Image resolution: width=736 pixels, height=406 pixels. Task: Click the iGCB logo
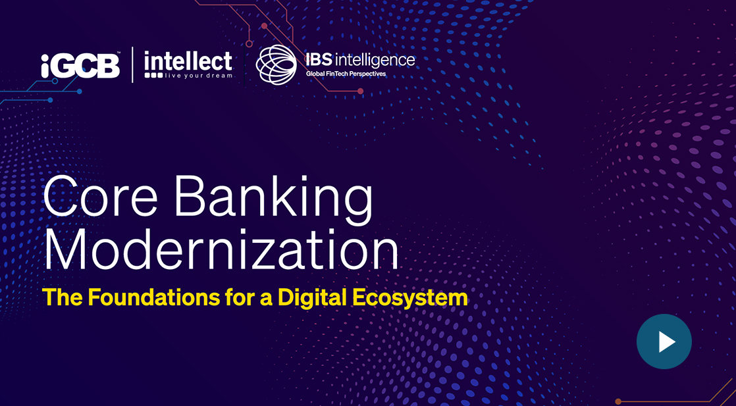point(80,66)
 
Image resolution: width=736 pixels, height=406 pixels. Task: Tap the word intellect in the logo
point(188,61)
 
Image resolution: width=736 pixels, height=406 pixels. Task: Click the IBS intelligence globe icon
point(276,64)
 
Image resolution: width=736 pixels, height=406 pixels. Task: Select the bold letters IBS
point(319,60)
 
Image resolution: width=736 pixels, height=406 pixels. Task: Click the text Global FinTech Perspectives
point(346,74)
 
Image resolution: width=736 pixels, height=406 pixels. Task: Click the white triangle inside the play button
point(666,342)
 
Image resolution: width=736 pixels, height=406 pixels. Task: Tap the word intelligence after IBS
point(375,61)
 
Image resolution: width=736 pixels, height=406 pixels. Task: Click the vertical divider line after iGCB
point(132,64)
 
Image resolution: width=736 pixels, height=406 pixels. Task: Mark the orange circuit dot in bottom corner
point(618,401)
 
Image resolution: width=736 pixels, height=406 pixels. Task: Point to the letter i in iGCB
point(45,66)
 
